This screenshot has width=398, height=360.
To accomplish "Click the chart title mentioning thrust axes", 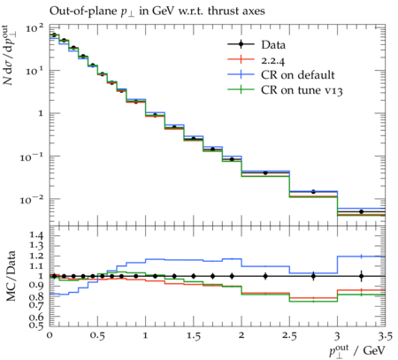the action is point(157,11).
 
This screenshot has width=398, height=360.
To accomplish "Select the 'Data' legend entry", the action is point(273,45).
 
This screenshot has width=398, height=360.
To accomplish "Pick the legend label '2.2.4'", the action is point(273,60).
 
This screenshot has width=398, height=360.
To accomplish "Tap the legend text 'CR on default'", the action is point(298,75).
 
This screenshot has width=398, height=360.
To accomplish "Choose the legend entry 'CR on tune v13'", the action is point(302,90).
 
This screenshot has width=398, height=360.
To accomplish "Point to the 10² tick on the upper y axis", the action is point(34,28).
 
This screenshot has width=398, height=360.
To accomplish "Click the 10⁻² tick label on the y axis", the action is point(32,200).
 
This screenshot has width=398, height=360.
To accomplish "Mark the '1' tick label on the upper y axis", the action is point(41,113).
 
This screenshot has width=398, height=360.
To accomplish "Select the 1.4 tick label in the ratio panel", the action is point(35,235).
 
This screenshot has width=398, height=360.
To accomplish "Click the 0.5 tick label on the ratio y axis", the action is point(35,326).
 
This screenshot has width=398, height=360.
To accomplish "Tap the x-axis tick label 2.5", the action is point(289,336).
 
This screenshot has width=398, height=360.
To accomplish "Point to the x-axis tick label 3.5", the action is point(385,336).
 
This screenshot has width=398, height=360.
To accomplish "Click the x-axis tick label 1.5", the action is point(194,336).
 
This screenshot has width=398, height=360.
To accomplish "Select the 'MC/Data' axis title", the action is point(11,276).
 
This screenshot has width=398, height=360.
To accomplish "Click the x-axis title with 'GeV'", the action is point(357,351).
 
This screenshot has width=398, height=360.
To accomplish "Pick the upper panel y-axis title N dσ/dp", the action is point(10,55).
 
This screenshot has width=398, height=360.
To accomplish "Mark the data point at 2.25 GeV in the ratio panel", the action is point(265,276).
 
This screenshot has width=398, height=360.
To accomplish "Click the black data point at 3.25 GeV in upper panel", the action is point(362,211).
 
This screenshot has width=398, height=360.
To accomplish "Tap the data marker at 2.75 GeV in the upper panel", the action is point(313,192).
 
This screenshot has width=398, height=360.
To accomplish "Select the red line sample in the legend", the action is point(241,60).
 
